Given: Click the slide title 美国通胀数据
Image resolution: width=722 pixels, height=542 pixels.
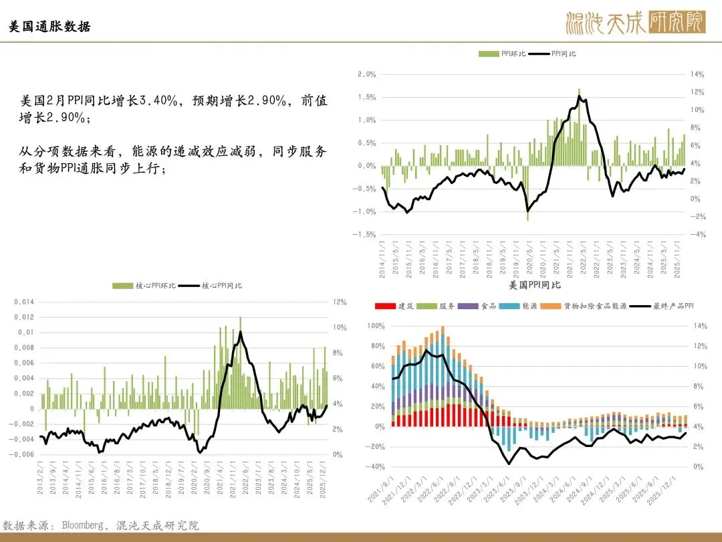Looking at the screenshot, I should point(49,27).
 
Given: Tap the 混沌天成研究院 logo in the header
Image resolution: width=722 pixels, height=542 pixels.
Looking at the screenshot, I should point(634,24).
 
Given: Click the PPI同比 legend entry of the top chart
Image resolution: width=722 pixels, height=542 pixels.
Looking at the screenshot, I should point(555,54).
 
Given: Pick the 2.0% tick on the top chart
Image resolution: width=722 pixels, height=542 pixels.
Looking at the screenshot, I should point(366,74).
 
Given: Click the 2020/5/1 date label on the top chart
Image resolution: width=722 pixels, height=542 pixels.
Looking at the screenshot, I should point(529,258).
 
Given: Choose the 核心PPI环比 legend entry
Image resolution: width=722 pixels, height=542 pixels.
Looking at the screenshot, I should point(144,286).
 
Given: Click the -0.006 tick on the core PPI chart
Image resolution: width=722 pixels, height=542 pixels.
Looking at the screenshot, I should point(22,455).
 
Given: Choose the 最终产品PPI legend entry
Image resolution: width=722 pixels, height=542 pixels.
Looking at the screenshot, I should point(662,306).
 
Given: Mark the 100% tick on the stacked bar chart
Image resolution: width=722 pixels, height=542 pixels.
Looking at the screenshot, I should point(375,326).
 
